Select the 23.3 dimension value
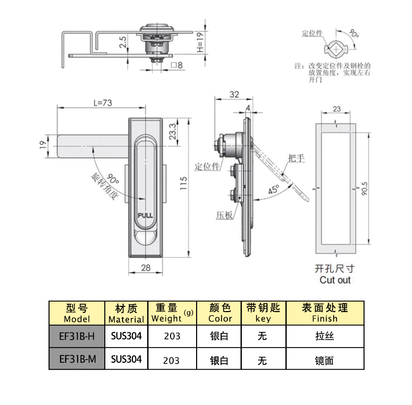point(172,133)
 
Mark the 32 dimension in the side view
point(234,94)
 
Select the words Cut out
point(335,280)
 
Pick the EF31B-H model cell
point(77,337)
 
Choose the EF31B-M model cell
point(77,359)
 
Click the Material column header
point(126,314)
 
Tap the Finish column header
point(324,314)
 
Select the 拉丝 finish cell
point(324,337)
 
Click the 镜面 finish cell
point(324,360)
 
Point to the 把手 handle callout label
point(296,158)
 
